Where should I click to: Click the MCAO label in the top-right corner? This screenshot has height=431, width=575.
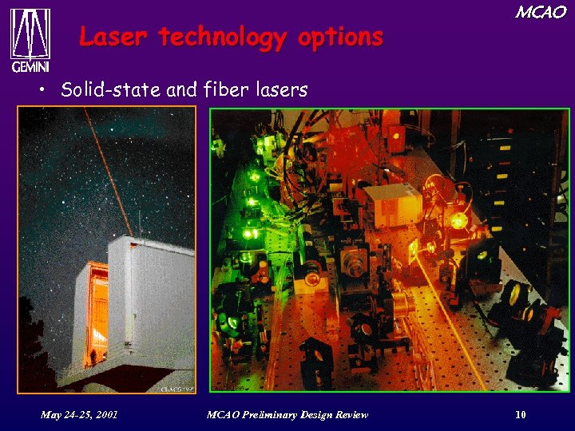(541, 12)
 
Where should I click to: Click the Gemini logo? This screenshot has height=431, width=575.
(30, 39)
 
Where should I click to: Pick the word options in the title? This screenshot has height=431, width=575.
(342, 37)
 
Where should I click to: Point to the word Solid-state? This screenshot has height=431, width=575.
(111, 90)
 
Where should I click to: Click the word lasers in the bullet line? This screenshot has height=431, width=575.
(280, 90)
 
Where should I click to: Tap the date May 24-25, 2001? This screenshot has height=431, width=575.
(79, 414)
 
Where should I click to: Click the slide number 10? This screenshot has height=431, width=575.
(521, 414)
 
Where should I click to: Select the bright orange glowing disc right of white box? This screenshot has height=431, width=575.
(458, 220)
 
